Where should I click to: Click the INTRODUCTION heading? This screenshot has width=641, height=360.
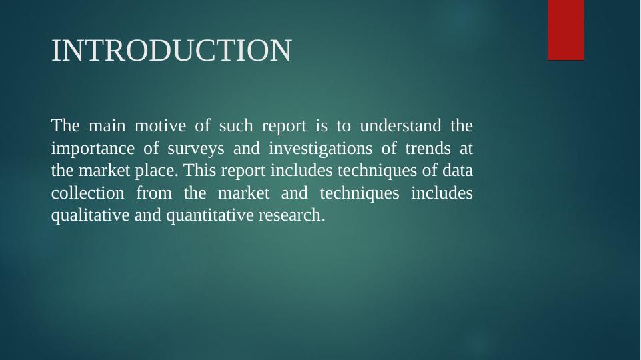[171, 50]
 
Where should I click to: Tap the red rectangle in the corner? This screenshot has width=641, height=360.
[566, 30]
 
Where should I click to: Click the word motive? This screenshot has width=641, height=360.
[160, 125]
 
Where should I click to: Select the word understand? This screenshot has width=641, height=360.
[401, 125]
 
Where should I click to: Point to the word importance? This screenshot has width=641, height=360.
[93, 149]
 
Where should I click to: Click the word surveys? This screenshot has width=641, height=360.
[196, 149]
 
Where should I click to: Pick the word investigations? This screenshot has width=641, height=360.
[320, 149]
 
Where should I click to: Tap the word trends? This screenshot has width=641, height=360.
[428, 148]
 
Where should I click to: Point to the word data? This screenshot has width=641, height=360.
[458, 171]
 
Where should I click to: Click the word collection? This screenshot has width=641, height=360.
[88, 193]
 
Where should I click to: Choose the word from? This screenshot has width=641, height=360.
[155, 193]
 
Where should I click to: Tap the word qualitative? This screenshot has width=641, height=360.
[90, 215]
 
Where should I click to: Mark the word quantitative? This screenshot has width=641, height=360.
[210, 215]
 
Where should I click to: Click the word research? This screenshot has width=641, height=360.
[292, 215]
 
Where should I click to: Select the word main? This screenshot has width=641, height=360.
[107, 125]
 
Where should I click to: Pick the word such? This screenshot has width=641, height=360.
[236, 125]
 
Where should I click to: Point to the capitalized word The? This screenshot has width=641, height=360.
[65, 125]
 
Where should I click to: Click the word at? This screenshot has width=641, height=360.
[466, 149]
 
